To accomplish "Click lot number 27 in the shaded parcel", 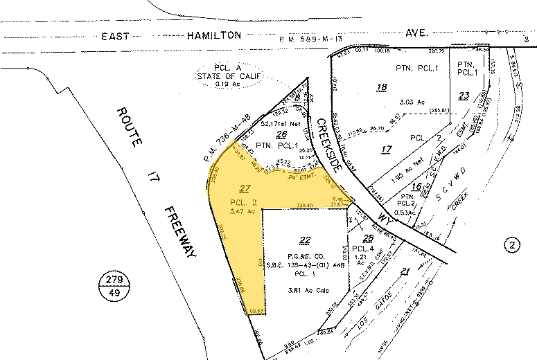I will pyautogui.click(x=243, y=188).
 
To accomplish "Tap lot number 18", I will pyautogui.click(x=381, y=87).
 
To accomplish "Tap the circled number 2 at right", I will pyautogui.click(x=512, y=246).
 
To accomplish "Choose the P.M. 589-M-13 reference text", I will pyautogui.click(x=325, y=39).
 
